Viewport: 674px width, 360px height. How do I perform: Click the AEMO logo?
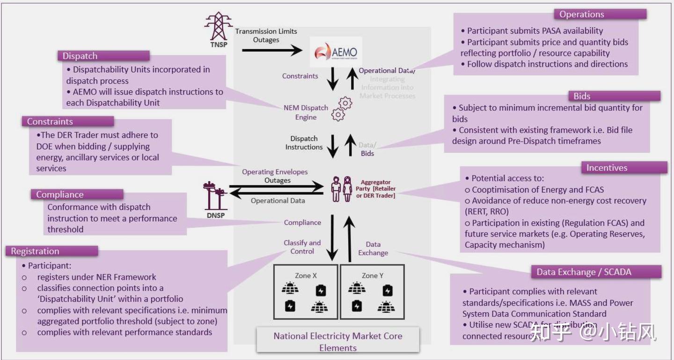tap(336, 52)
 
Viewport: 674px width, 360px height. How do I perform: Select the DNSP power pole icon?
tap(215, 196)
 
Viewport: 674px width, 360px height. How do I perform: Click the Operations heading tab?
tap(581, 15)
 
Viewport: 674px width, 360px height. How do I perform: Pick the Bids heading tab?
tap(582, 96)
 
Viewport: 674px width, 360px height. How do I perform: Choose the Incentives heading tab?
tap(607, 168)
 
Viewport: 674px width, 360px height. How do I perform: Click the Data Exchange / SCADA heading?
tap(584, 272)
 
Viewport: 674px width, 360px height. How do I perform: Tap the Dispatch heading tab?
tap(80, 56)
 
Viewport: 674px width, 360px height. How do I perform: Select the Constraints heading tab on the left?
tap(50, 121)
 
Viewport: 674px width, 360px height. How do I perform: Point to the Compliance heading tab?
tap(60, 195)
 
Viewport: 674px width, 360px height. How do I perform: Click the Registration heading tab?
tap(35, 251)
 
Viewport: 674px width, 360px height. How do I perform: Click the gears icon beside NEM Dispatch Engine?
tap(342, 109)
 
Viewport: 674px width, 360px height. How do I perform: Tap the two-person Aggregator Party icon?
tap(342, 189)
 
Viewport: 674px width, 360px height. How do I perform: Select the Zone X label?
tap(306, 275)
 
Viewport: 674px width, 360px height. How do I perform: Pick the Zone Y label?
tap(373, 275)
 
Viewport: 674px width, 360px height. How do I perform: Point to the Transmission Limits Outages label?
tap(266, 36)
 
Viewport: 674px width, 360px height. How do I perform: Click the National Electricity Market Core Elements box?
tap(337, 342)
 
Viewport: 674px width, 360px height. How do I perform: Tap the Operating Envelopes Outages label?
tap(275, 176)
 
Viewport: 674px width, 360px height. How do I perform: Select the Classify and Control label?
tap(302, 247)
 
